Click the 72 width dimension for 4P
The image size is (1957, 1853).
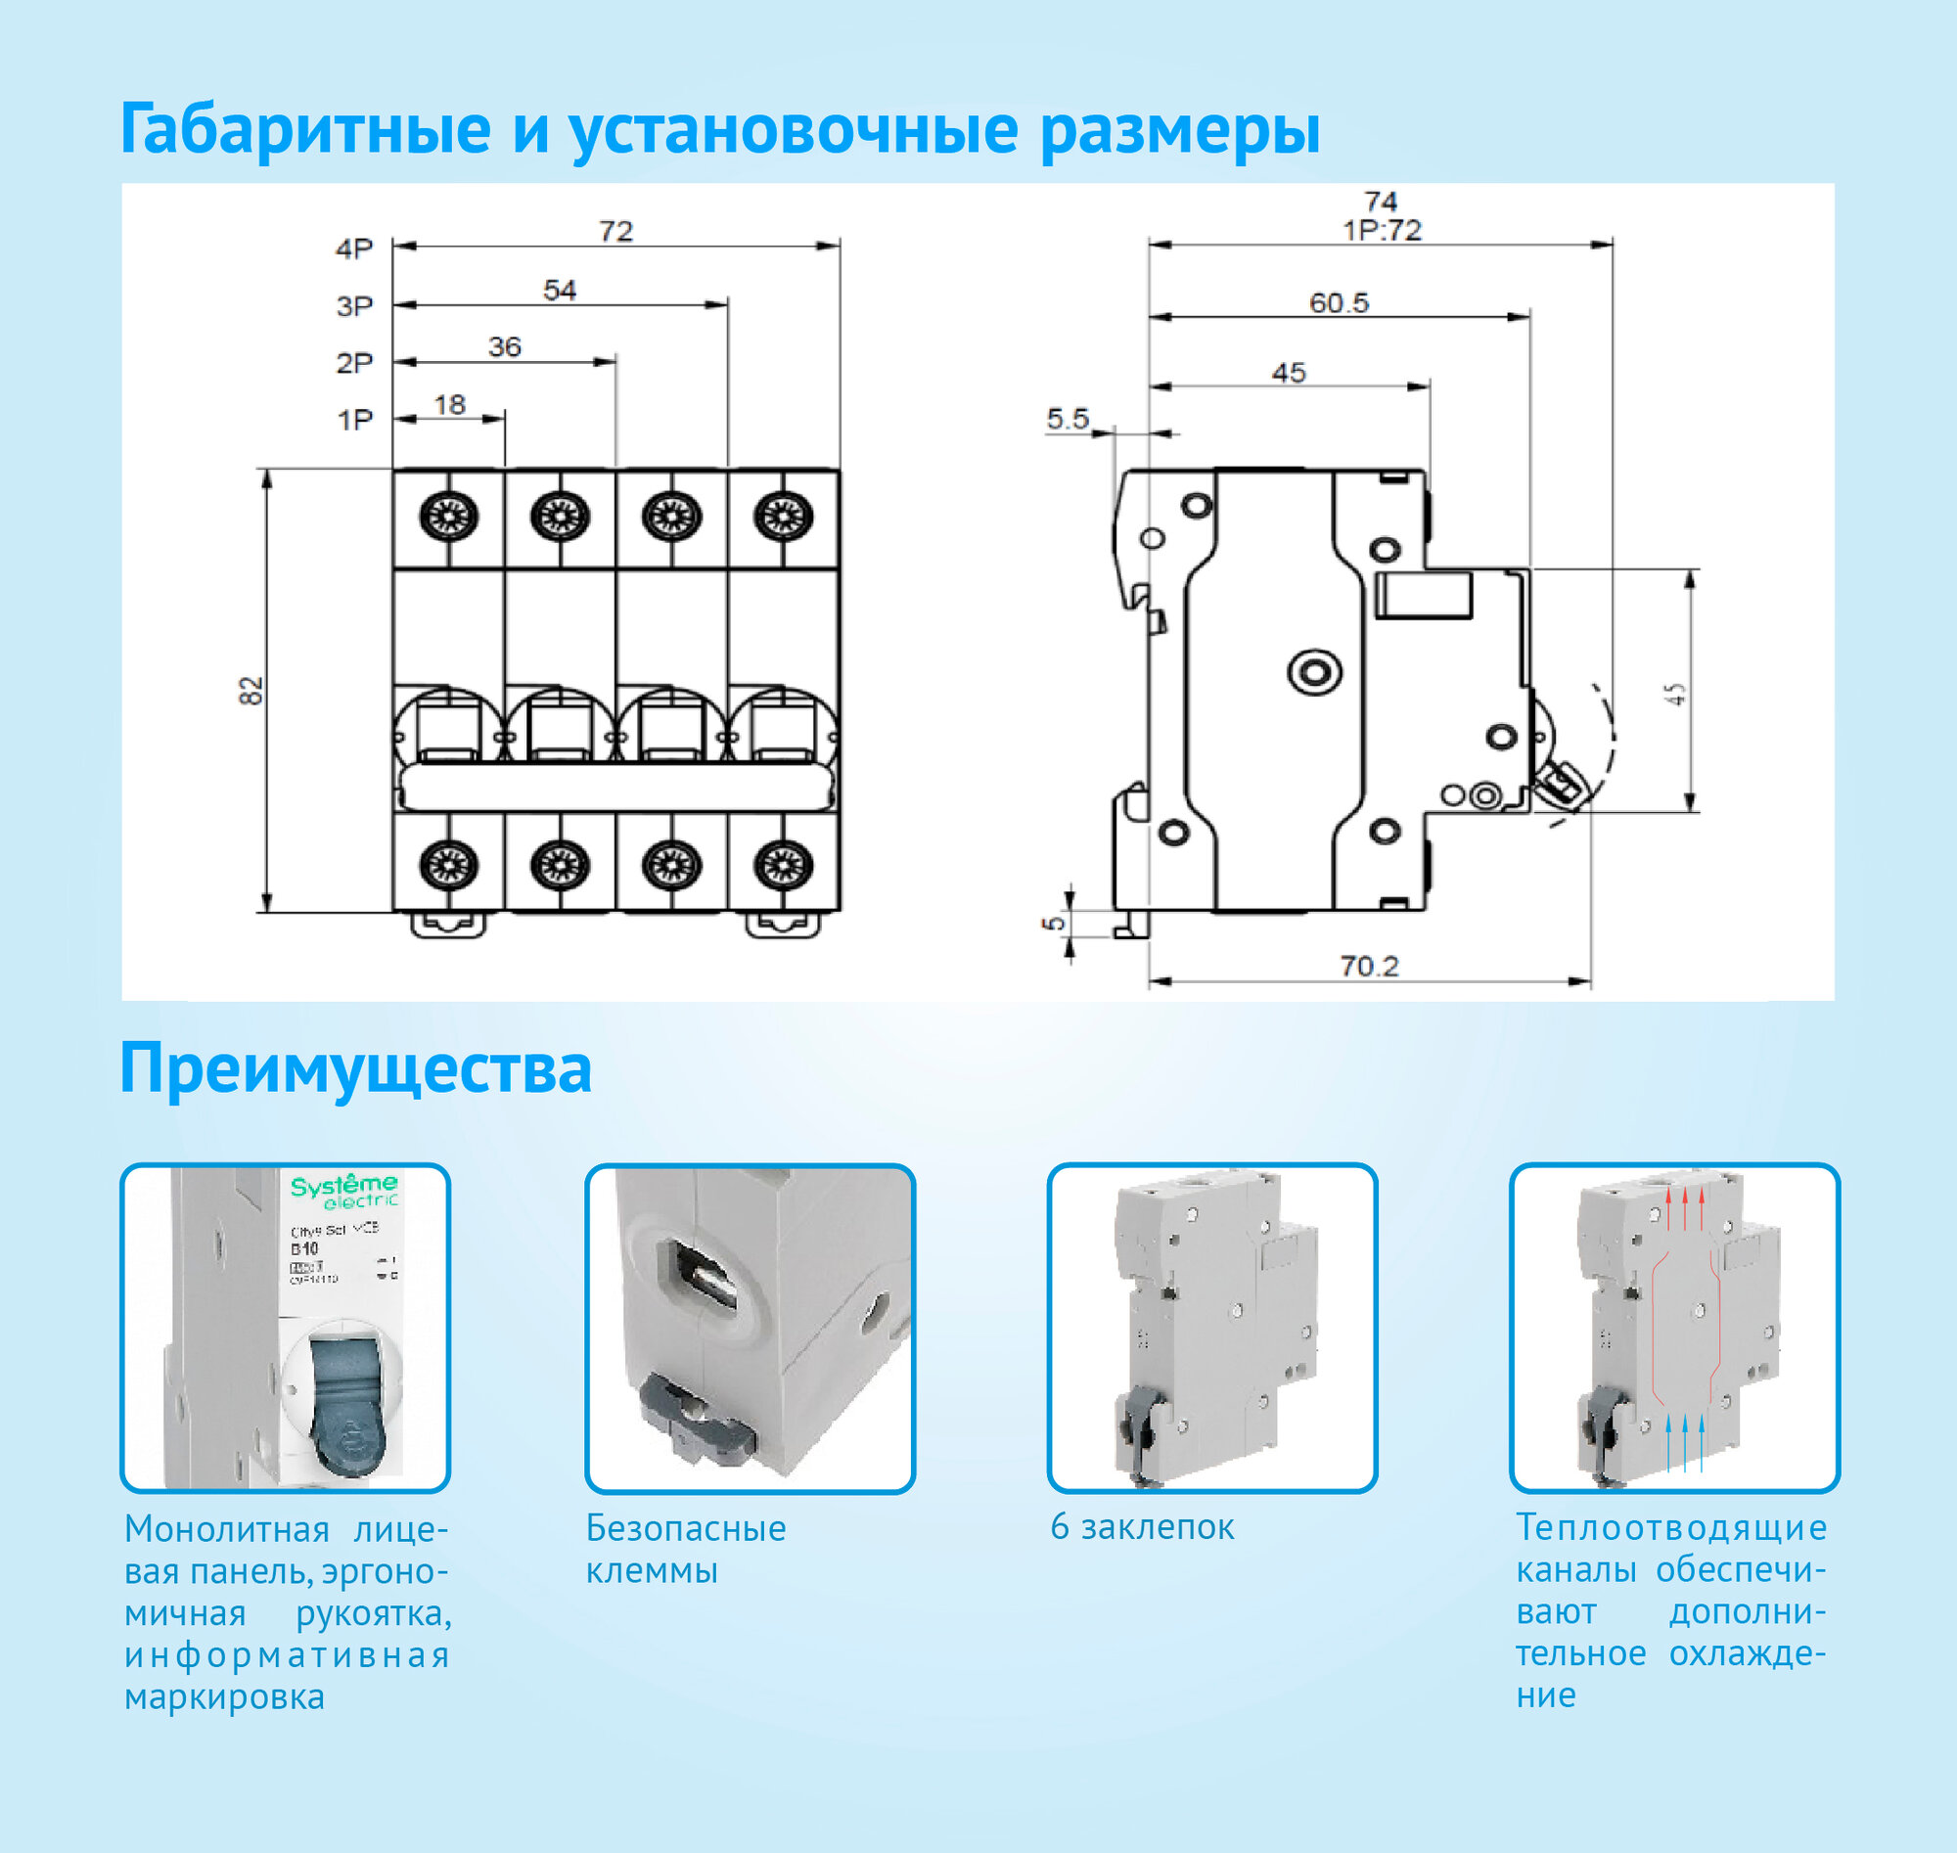click(x=615, y=231)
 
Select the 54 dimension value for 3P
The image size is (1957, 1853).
click(x=559, y=291)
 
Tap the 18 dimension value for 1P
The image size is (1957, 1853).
click(x=449, y=405)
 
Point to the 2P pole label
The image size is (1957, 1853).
click(x=354, y=364)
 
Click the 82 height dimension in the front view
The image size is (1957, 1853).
click(x=251, y=690)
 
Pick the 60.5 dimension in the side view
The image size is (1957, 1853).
click(x=1339, y=303)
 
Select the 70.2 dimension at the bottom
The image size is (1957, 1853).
click(x=1369, y=966)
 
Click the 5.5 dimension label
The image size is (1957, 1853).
click(x=1068, y=420)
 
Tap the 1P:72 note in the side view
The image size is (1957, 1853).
click(x=1382, y=231)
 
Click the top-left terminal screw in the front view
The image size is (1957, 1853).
click(x=448, y=517)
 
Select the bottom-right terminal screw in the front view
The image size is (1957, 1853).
click(x=784, y=865)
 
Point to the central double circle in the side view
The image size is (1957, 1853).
click(x=1315, y=673)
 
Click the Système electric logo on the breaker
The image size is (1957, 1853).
click(x=343, y=1191)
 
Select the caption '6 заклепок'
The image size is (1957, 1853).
click(x=1142, y=1528)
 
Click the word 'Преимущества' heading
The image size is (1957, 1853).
click(x=355, y=1068)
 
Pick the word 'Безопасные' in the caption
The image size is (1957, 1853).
click(x=686, y=1529)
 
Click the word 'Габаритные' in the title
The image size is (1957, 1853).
click(x=305, y=129)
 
